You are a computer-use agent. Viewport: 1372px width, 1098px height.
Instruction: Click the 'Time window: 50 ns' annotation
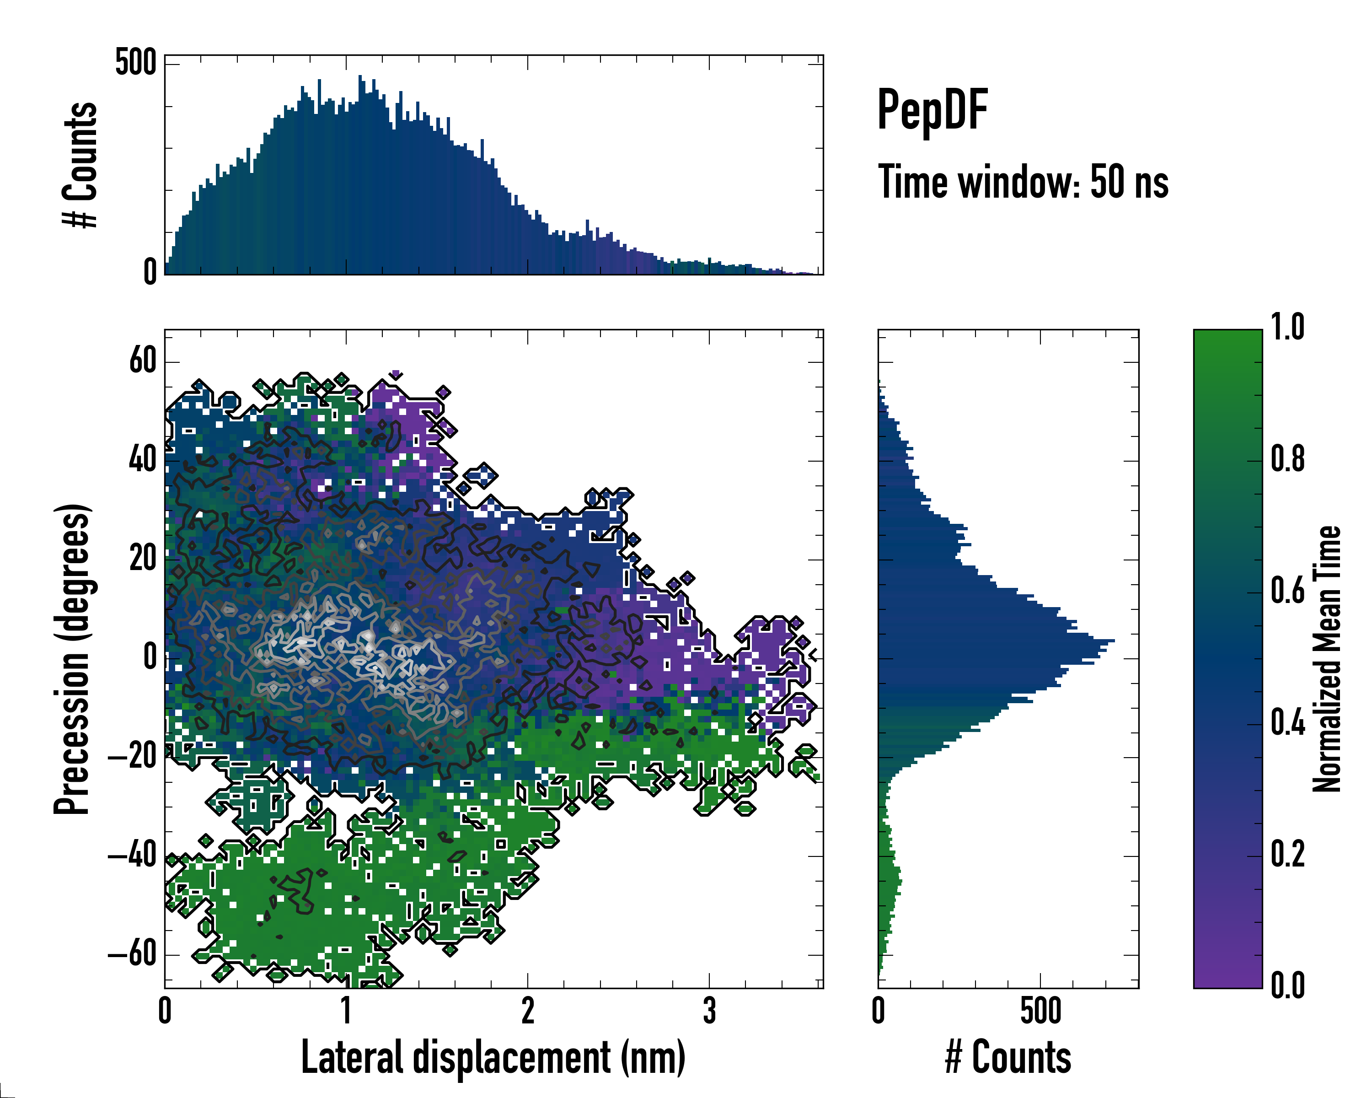tap(1023, 182)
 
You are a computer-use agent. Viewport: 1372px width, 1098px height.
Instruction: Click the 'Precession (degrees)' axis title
tap(71, 659)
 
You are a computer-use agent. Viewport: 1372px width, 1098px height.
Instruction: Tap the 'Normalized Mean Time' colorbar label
tap(1327, 659)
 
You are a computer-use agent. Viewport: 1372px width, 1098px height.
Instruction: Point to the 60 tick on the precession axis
tap(143, 361)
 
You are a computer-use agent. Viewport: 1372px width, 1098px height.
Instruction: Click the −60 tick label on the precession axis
tap(132, 954)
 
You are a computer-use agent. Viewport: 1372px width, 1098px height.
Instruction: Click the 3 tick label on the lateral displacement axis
tap(709, 1011)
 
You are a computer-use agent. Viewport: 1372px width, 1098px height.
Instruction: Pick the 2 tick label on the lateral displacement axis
tap(528, 1011)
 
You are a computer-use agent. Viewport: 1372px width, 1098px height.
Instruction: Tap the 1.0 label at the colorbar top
tap(1287, 327)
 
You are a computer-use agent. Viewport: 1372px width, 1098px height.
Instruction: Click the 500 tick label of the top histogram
tap(135, 63)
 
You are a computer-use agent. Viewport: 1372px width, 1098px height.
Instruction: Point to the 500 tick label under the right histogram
tap(1040, 1011)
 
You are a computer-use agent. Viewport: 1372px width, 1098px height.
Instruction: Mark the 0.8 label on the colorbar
tap(1287, 459)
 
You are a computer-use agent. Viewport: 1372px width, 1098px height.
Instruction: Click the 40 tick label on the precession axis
tap(143, 460)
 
